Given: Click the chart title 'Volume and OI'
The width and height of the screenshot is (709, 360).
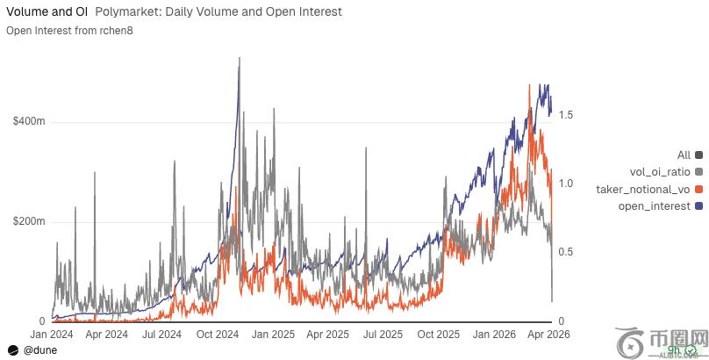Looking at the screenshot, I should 44,12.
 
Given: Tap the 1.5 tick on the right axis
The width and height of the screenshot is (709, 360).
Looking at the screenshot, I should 566,115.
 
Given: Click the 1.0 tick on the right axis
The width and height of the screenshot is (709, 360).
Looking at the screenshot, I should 566,184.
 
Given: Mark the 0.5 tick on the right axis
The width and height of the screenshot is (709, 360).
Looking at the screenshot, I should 566,252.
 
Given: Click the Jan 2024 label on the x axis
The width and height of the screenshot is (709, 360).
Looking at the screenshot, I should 53,335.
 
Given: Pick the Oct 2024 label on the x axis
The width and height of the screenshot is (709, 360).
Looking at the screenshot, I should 217,335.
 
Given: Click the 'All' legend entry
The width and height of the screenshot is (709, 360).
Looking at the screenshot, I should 684,155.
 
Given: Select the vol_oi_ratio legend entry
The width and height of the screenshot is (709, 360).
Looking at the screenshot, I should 662,172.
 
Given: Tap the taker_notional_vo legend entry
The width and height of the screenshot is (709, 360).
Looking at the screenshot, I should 644,190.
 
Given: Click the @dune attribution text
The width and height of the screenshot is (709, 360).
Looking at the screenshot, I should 41,349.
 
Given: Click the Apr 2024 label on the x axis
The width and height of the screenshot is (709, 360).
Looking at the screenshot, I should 107,335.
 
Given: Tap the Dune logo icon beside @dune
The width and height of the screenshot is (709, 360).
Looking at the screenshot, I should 13,349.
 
